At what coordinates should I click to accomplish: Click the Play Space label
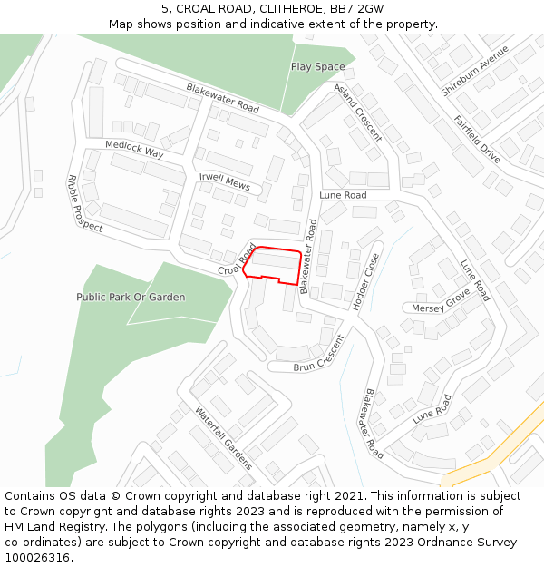[x=317, y=67]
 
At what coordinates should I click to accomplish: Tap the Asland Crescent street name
[x=358, y=113]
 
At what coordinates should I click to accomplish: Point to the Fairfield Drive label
[x=477, y=139]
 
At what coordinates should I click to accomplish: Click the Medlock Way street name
[x=134, y=149]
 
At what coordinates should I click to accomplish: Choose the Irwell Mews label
[x=224, y=181]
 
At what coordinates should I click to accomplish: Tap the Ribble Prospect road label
[x=85, y=203]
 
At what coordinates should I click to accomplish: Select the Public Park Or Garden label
[x=131, y=297]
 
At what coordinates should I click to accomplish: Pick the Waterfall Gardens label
[x=224, y=437]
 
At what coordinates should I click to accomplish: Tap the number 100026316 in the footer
[x=37, y=557]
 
